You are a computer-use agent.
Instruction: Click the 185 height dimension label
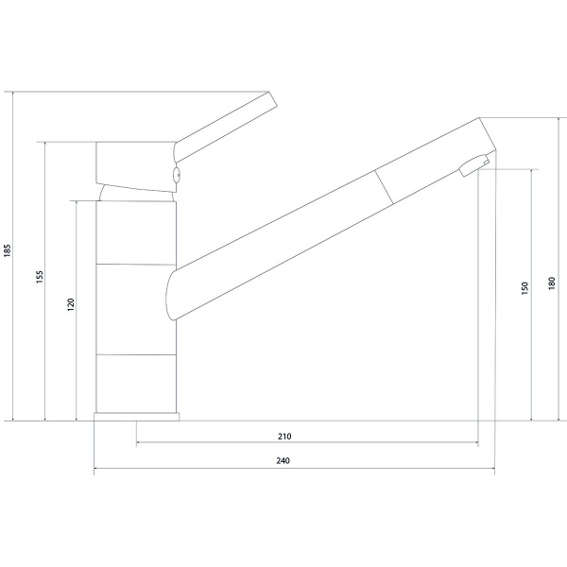pos(8,251)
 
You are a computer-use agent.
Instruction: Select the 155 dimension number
pos(40,277)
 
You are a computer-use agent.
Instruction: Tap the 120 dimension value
pos(71,305)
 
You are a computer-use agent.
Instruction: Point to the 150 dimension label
pos(525,288)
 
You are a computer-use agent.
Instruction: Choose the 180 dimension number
pos(552,283)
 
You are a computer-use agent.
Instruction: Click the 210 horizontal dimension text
pos(284,437)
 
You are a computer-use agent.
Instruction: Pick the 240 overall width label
pos(283,461)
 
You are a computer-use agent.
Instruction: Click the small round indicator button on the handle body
pos(177,175)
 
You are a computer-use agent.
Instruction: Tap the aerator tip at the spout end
pos(474,165)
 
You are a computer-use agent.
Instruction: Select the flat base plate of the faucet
pos(136,417)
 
